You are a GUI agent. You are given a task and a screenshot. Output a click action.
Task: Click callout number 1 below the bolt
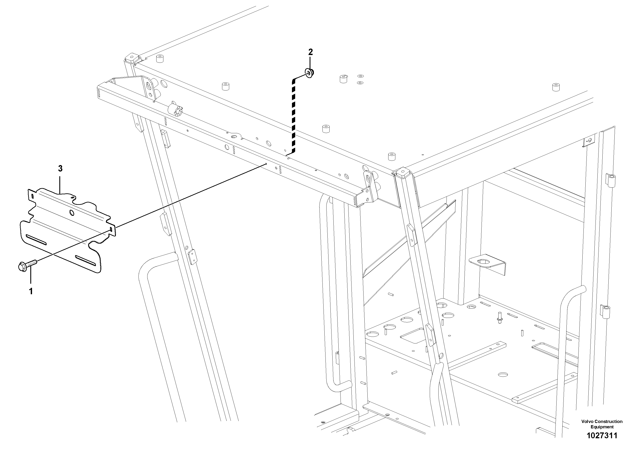tap(31, 291)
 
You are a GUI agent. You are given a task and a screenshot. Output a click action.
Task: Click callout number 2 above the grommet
tap(310, 52)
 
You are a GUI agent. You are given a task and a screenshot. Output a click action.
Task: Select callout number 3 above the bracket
tap(60, 169)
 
